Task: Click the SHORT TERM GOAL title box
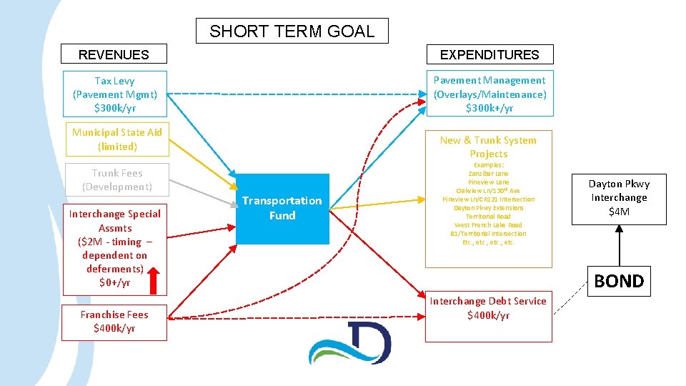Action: [x=292, y=31]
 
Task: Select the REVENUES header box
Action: [x=114, y=54]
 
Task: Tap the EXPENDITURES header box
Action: [x=489, y=54]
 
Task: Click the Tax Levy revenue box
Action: [x=114, y=94]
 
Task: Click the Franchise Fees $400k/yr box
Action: [x=114, y=322]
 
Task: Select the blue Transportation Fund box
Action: [x=282, y=208]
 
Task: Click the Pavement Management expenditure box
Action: [x=489, y=94]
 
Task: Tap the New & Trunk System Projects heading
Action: [x=489, y=147]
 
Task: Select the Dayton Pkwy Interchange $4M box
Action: [x=618, y=198]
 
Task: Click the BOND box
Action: [x=619, y=281]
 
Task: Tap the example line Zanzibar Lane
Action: [x=489, y=174]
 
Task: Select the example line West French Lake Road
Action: [x=489, y=225]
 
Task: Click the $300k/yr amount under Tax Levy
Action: [x=114, y=108]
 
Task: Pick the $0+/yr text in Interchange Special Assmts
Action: [x=114, y=282]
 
